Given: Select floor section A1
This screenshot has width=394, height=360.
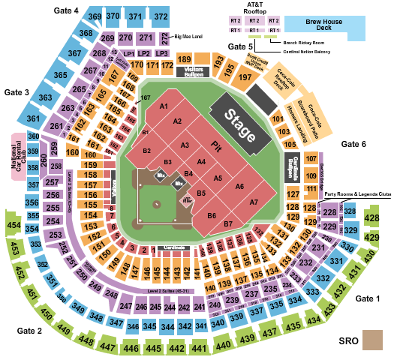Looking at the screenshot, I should (x=162, y=107).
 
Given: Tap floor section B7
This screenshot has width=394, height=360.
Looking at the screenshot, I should (x=227, y=223).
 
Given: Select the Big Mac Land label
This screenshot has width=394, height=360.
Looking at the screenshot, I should (x=188, y=36).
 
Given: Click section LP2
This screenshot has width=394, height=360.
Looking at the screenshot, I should (x=144, y=54).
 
